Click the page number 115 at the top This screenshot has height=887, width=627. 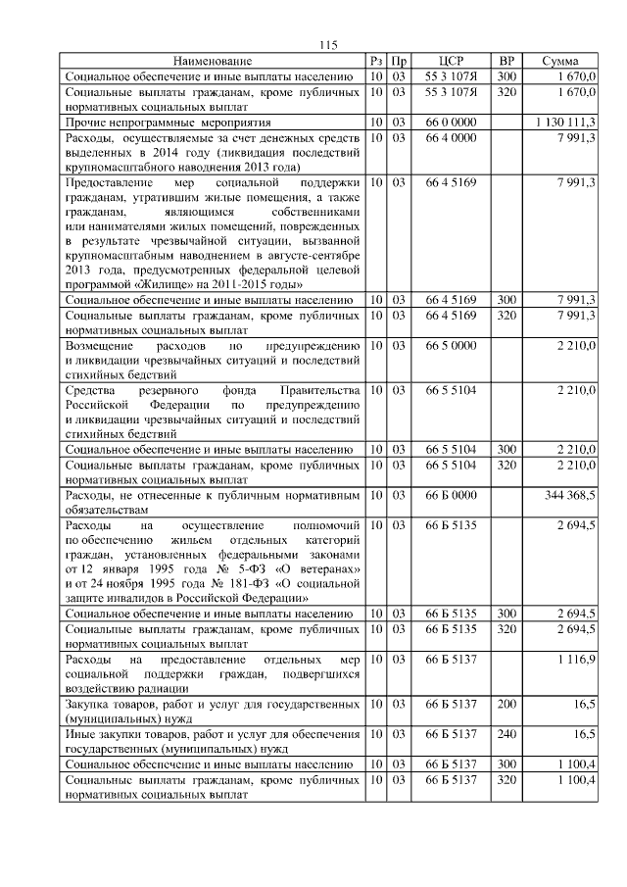click(328, 44)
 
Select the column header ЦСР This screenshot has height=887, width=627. click(451, 61)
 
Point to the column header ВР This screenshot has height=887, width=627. click(506, 61)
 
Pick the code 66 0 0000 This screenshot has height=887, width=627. click(451, 123)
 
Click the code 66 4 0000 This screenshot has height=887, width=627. click(451, 138)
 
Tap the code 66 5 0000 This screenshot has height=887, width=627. click(451, 348)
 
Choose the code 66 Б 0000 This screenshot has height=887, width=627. click(451, 497)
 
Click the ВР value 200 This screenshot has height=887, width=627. click(506, 705)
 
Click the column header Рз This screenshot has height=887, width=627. click(376, 61)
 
